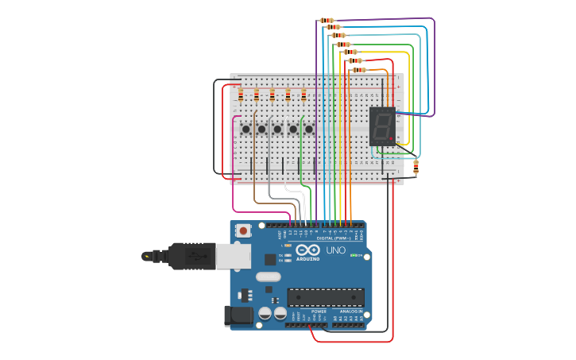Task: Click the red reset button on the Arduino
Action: pyautogui.click(x=243, y=230)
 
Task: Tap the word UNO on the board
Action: pyautogui.click(x=335, y=250)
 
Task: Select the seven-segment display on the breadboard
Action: pyautogui.click(x=382, y=126)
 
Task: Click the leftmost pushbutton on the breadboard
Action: pyautogui.click(x=246, y=129)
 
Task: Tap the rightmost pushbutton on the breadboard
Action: pyautogui.click(x=309, y=129)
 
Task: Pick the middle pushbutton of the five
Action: pyautogui.click(x=277, y=129)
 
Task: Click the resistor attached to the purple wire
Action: pyautogui.click(x=327, y=21)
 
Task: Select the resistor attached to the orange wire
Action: pyautogui.click(x=359, y=70)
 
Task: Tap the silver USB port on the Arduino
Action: pyautogui.click(x=234, y=256)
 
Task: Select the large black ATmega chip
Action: pyautogui.click(x=326, y=297)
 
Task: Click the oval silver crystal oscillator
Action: pyautogui.click(x=268, y=277)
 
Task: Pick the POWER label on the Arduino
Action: pyautogui.click(x=307, y=312)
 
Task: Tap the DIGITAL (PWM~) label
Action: pyautogui.click(x=334, y=238)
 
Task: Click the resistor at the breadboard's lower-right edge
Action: pyautogui.click(x=416, y=167)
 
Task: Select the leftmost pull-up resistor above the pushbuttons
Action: pyautogui.click(x=241, y=95)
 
